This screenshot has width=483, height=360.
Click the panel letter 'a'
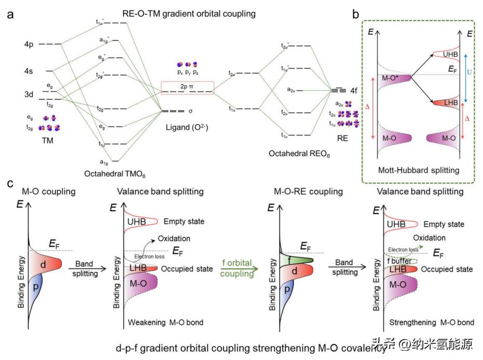10,14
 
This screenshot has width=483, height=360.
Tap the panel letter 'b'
355,14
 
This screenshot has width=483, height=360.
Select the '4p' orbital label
29,45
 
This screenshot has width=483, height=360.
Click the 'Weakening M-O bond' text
162,323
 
